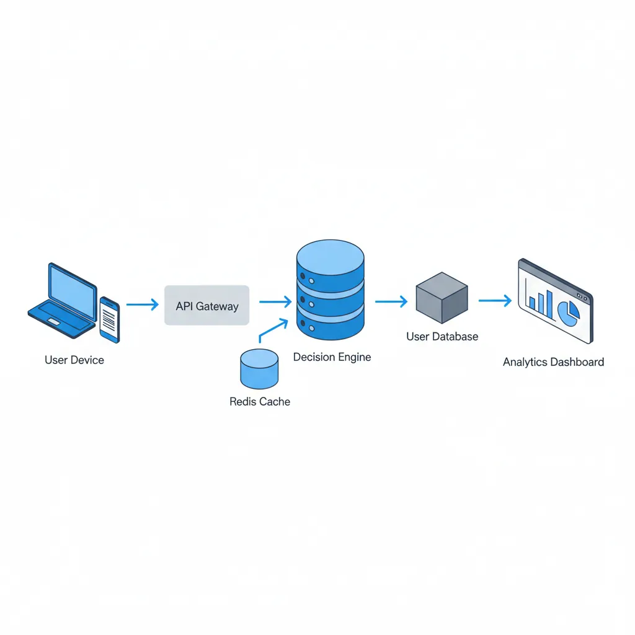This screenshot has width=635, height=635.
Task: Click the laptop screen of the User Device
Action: click(x=72, y=288)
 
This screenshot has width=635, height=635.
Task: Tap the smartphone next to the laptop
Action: click(x=109, y=319)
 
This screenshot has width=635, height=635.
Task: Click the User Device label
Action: click(x=74, y=360)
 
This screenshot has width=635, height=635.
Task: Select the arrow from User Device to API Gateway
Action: click(x=142, y=304)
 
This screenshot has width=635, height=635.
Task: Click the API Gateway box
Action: click(x=206, y=306)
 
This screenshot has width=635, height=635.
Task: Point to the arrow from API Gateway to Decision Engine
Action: click(x=275, y=302)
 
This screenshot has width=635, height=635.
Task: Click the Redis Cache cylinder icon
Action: click(x=259, y=368)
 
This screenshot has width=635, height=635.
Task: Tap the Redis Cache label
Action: click(x=259, y=402)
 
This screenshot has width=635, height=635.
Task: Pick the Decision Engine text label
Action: click(x=332, y=357)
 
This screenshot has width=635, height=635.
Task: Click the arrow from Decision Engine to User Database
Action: click(x=391, y=302)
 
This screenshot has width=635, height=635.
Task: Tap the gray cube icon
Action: click(x=442, y=298)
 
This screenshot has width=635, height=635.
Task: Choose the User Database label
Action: click(x=442, y=337)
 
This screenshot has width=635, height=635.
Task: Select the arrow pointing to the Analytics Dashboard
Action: click(x=495, y=301)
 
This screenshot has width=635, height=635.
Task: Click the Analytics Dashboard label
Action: click(x=553, y=362)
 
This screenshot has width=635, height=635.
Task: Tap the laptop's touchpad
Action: click(x=54, y=322)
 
